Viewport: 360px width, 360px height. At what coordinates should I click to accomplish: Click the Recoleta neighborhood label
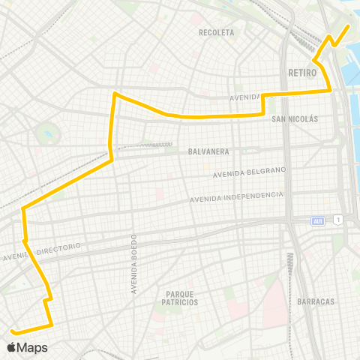click(x=217, y=33)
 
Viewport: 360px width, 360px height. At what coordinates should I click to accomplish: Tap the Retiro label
click(x=302, y=73)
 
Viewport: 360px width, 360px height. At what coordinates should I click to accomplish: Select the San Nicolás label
click(x=295, y=119)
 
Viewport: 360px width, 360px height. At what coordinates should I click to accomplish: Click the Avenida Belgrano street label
click(x=250, y=173)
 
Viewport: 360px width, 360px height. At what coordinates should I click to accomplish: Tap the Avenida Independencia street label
click(x=236, y=197)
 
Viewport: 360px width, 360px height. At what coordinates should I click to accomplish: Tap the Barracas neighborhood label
click(x=316, y=301)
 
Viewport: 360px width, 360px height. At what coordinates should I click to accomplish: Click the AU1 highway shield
click(x=318, y=220)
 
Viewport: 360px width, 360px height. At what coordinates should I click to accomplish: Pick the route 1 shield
click(x=339, y=219)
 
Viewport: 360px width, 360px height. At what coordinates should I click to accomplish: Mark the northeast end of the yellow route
click(x=349, y=26)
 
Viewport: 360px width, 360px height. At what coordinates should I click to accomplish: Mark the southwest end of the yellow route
click(x=12, y=330)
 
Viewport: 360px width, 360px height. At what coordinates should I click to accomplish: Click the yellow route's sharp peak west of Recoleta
click(x=114, y=93)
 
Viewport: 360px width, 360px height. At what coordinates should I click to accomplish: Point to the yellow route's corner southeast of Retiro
click(x=331, y=91)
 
